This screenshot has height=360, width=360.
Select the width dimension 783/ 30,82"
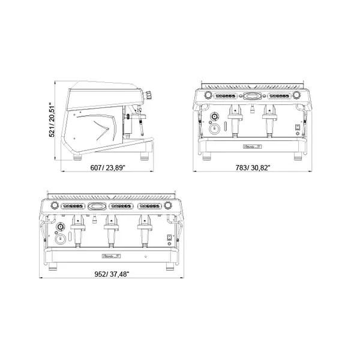click(253, 168)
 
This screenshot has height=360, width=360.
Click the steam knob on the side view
click(147, 94)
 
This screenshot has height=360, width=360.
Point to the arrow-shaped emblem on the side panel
click(101, 127)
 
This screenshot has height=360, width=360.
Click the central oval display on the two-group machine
click(252, 95)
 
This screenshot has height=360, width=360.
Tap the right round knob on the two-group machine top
click(296, 95)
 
